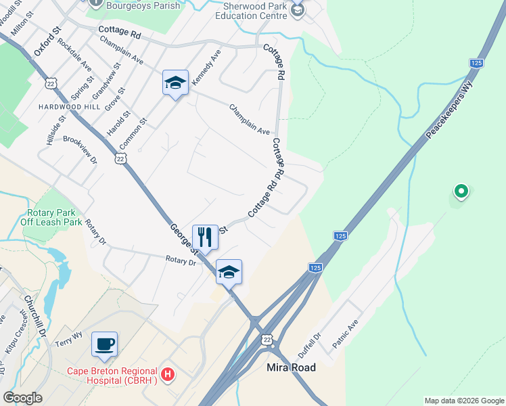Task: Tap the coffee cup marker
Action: click(104, 344)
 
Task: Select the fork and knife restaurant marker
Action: click(205, 237)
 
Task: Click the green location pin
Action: click(461, 191)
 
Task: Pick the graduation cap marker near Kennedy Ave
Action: click(175, 83)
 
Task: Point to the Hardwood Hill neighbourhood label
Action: click(69, 107)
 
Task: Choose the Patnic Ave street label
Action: click(344, 334)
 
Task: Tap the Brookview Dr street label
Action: click(80, 150)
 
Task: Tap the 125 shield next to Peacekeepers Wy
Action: click(476, 62)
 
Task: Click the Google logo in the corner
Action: click(22, 398)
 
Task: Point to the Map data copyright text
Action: click(464, 401)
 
